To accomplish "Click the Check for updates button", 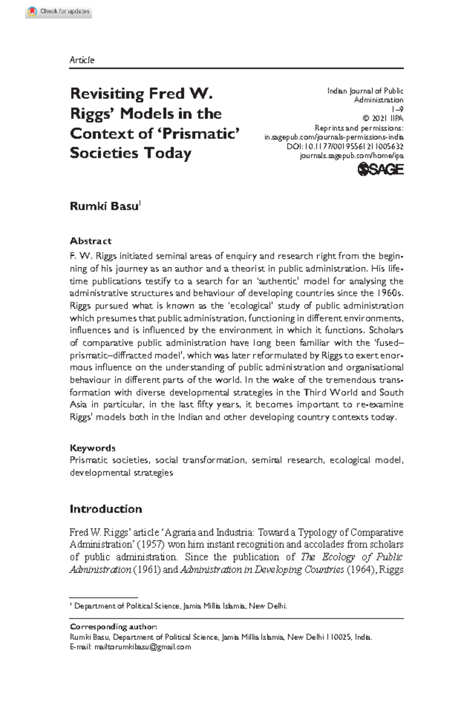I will click(x=59, y=12).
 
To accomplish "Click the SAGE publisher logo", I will click(x=380, y=170).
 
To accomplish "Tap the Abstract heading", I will click(x=90, y=241).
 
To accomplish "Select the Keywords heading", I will click(x=92, y=448).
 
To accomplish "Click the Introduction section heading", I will click(x=106, y=509).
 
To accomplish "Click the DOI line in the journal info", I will click(x=345, y=146).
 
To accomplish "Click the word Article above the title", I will click(x=82, y=60).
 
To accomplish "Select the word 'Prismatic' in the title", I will click(x=198, y=133).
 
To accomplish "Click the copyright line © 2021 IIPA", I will click(x=382, y=119).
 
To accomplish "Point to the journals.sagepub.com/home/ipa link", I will click(x=351, y=156).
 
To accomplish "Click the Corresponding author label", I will click(x=113, y=627).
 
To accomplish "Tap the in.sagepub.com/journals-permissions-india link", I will click(x=334, y=137).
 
